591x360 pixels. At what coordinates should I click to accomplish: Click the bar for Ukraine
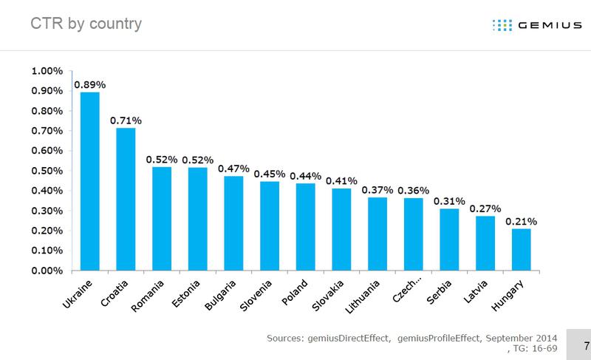(x=90, y=181)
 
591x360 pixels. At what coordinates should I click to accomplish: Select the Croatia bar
(x=126, y=200)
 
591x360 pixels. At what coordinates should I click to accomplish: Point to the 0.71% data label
(x=126, y=119)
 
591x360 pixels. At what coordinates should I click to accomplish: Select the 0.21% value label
(x=521, y=220)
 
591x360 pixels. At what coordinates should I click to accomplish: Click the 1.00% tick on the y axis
(x=48, y=72)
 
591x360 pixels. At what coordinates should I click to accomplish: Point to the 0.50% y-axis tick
(x=48, y=171)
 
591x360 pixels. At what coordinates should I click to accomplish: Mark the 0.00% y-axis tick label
(x=48, y=271)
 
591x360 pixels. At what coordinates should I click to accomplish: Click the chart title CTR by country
(x=86, y=24)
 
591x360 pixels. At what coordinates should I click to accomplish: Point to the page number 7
(x=586, y=345)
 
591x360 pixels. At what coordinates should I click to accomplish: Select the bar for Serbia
(x=449, y=240)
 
